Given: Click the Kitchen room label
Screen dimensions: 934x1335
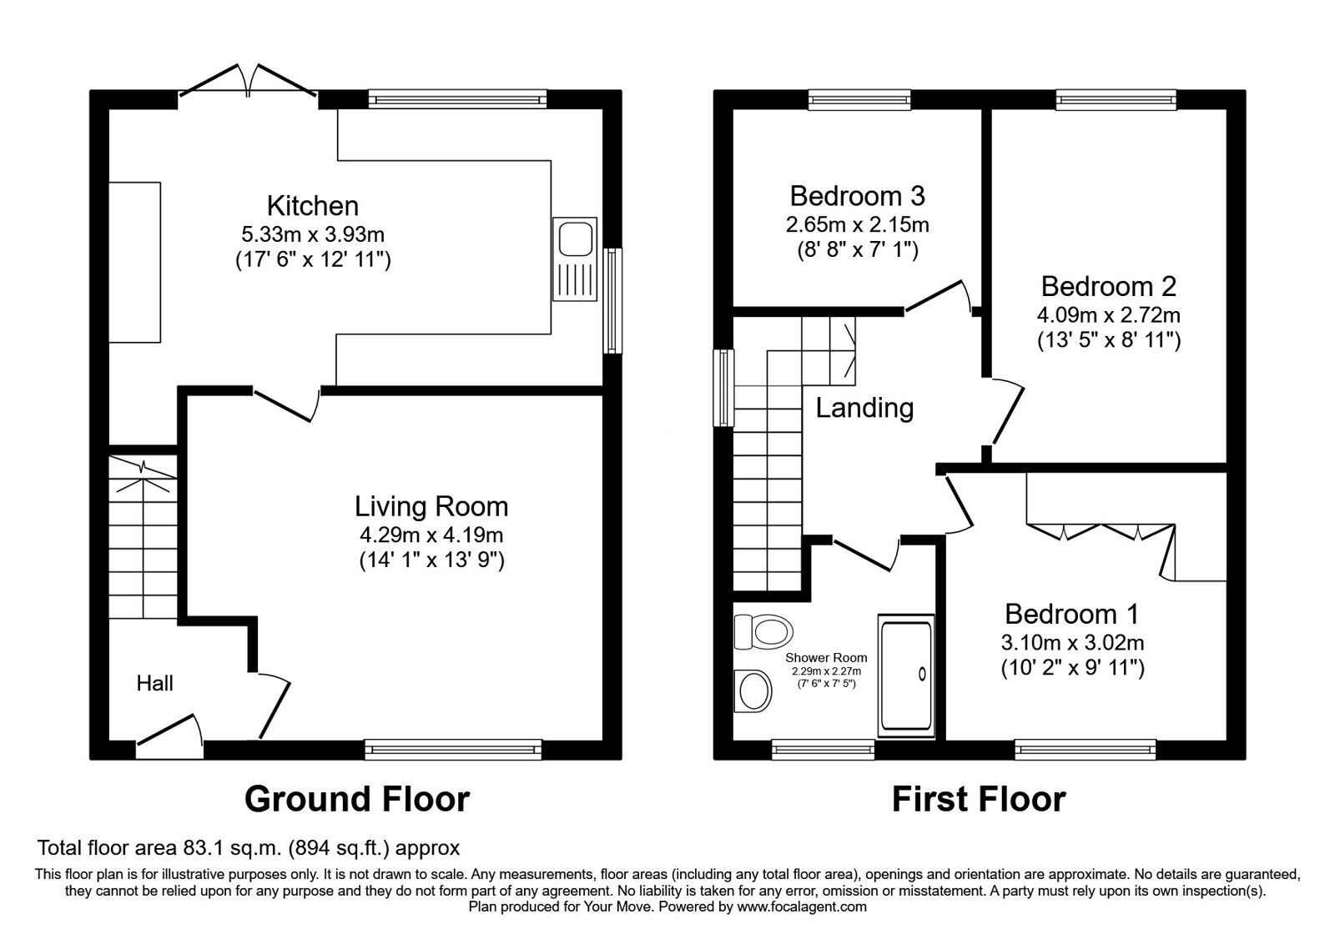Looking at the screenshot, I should [312, 205].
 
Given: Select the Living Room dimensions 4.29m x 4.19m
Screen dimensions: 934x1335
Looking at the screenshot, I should [431, 535].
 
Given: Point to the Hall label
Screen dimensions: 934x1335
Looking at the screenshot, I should [155, 684].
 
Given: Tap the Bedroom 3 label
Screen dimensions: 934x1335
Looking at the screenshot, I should [857, 196].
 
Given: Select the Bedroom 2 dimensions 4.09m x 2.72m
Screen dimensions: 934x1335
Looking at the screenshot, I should [1108, 315].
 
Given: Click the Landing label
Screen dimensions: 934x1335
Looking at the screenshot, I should [864, 408].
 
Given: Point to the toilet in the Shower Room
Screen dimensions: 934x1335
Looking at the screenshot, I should [763, 631].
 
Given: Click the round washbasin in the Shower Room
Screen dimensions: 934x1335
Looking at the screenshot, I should [755, 690].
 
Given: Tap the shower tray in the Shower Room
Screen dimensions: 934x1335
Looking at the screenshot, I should [906, 675].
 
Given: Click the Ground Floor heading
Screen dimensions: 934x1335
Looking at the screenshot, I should [357, 799].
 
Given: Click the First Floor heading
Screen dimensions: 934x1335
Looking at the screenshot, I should [979, 799].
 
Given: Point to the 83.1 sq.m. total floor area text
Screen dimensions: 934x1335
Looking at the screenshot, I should [235, 848].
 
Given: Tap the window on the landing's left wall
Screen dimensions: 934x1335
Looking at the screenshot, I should [723, 388].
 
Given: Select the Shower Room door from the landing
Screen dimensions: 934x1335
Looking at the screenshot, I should [865, 554].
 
